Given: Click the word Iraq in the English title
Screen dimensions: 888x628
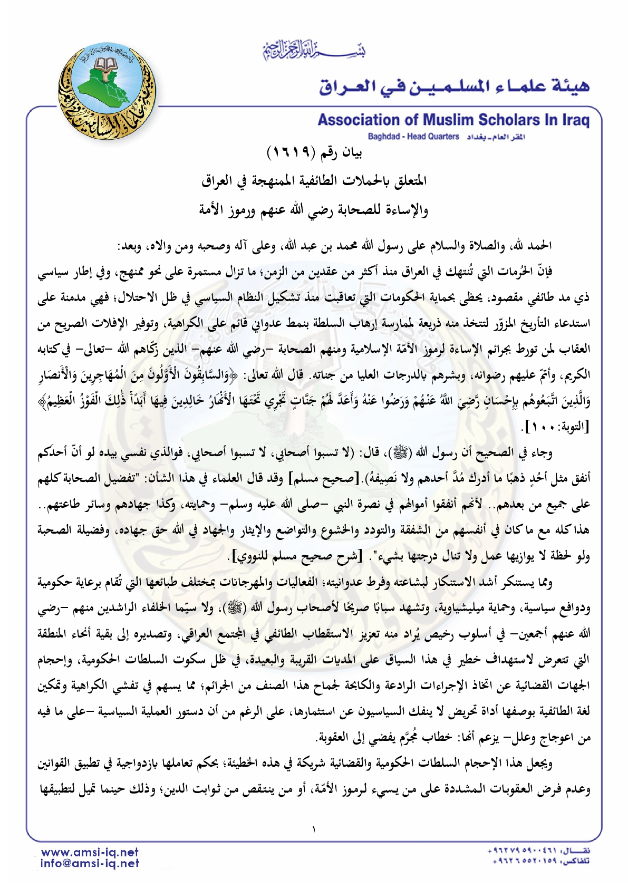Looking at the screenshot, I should pyautogui.click(x=575, y=120).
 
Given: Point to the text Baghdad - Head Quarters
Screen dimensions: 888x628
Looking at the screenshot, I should pyautogui.click(x=413, y=137).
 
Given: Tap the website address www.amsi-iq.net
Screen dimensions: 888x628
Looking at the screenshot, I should pyautogui.click(x=90, y=852).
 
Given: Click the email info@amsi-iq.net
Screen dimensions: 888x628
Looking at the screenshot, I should pyautogui.click(x=90, y=863).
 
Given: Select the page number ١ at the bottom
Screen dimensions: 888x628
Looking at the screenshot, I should pyautogui.click(x=314, y=829).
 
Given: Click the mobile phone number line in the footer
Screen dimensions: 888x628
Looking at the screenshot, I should pyautogui.click(x=538, y=851).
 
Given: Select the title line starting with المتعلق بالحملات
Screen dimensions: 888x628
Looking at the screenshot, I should pyautogui.click(x=314, y=181).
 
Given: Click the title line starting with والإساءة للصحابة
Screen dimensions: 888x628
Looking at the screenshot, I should pyautogui.click(x=314, y=210).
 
